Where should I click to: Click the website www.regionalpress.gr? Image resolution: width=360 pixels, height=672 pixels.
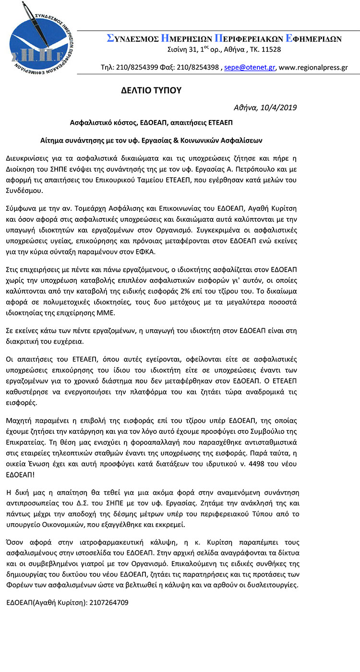pos(313,67)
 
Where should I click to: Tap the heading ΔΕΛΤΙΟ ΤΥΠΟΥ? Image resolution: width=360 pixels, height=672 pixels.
pos(151,90)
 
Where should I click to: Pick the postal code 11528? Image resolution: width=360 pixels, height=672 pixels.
pos(270,49)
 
